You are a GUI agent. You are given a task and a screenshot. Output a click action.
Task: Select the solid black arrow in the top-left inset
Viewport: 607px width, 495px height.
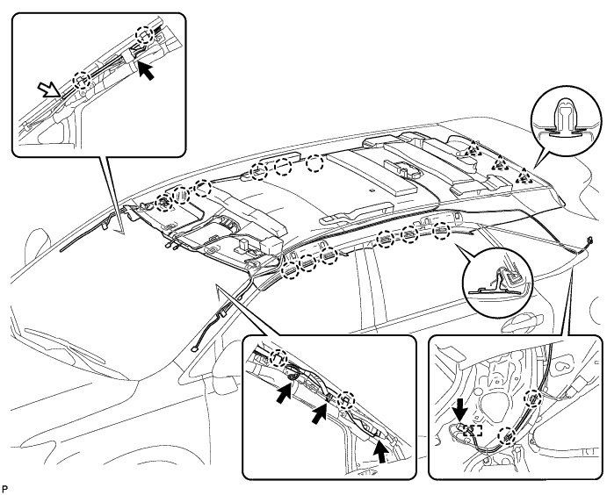[152, 74]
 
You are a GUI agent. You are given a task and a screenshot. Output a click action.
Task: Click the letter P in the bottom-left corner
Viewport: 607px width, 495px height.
[6, 486]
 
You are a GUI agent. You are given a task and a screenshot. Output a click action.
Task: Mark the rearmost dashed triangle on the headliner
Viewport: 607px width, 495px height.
[524, 176]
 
